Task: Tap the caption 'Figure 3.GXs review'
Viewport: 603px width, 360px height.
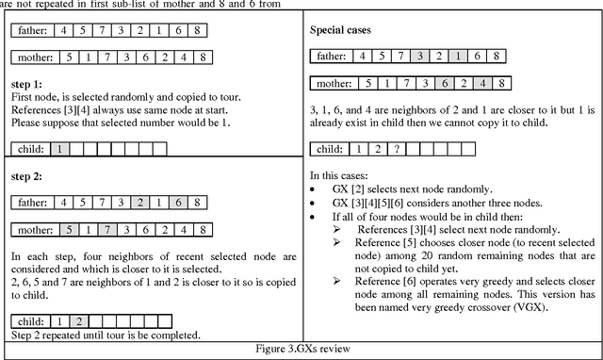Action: point(302,350)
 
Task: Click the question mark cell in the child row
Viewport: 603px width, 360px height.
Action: point(398,149)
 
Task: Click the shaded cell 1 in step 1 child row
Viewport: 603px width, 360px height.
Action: point(58,148)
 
